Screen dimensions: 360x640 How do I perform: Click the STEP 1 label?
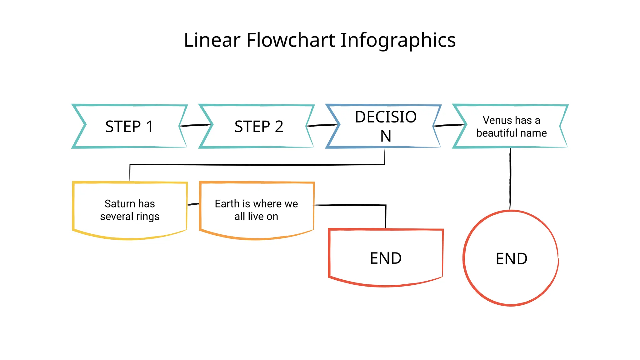[x=129, y=127]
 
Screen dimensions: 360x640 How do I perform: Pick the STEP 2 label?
[x=259, y=127]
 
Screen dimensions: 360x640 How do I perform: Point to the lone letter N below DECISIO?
[x=386, y=136]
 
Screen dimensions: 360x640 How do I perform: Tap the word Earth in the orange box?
[x=227, y=204]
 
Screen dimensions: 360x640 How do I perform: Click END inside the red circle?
[x=511, y=259]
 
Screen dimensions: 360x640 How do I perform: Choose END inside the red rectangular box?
[x=386, y=258]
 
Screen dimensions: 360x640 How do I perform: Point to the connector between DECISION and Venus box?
[x=449, y=125]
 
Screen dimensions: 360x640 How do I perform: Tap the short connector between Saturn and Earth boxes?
[x=193, y=204]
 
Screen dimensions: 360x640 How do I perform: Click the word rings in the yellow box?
[x=147, y=217]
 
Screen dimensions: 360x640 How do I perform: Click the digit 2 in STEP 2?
[x=279, y=127]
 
